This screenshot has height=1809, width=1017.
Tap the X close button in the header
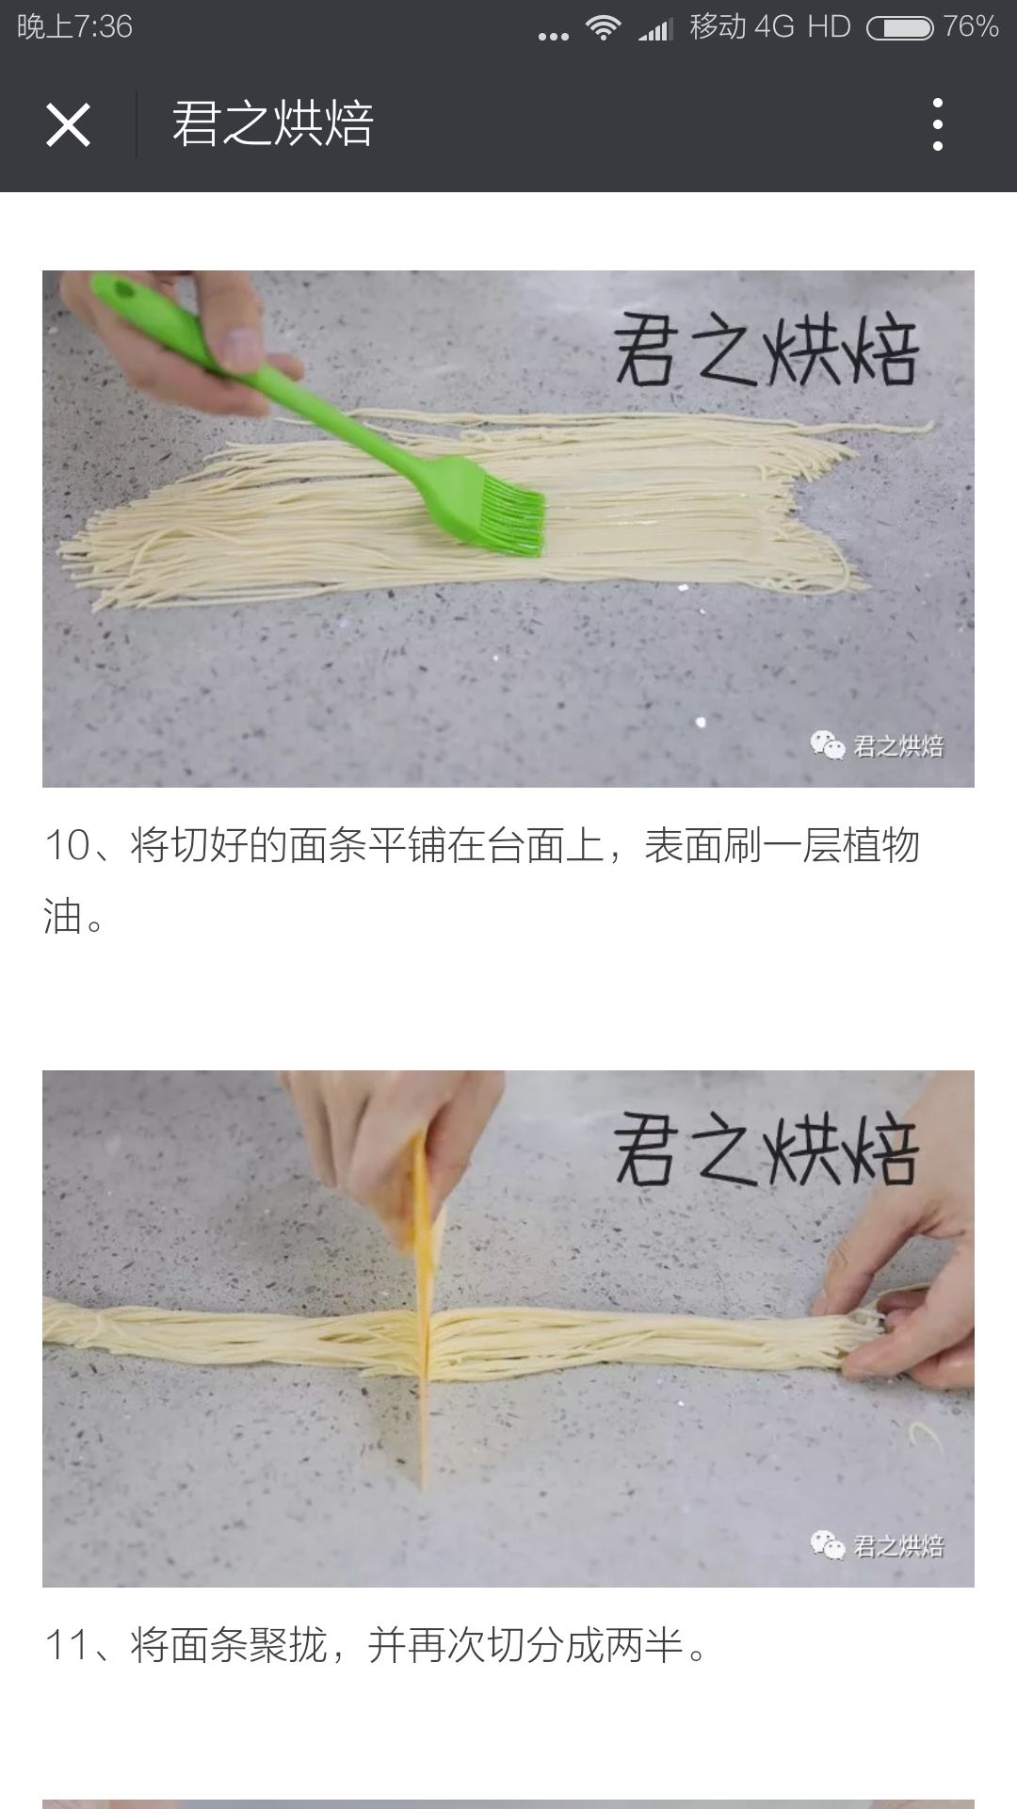point(68,124)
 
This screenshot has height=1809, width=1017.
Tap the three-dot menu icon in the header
point(937,124)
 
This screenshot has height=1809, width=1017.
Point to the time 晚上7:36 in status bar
point(75,26)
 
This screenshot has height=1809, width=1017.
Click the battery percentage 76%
point(971,26)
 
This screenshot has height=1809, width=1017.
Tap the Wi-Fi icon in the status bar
point(603,27)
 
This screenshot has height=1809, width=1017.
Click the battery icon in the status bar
point(900,28)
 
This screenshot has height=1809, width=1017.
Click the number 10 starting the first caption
point(67,846)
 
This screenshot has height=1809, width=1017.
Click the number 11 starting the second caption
point(67,1646)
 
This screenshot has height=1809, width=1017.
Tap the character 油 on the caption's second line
point(63,917)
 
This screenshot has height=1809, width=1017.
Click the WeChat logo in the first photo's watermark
point(828,745)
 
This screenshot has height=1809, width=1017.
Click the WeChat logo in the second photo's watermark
point(828,1545)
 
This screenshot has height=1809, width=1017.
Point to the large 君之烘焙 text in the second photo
point(766,1149)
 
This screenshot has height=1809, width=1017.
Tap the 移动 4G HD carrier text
point(769,26)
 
